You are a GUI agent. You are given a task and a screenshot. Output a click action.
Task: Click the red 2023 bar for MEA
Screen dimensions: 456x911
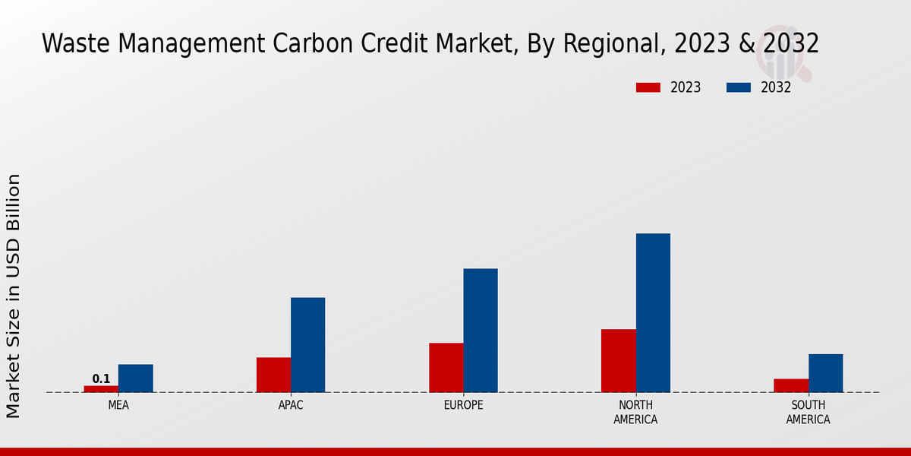tap(101, 388)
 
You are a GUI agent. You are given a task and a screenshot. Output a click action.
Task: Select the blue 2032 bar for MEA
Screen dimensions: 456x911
tap(135, 378)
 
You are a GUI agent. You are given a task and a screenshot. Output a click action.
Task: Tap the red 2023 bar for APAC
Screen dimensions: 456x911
tap(273, 375)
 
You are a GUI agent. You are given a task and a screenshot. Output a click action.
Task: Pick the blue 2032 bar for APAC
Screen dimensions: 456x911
tap(307, 345)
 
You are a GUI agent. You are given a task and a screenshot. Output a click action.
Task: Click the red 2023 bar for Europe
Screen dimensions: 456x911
tap(446, 368)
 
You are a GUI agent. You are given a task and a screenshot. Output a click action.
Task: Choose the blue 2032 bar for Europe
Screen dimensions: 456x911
tap(481, 331)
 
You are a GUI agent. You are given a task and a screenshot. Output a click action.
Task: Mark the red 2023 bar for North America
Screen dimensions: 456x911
tap(618, 361)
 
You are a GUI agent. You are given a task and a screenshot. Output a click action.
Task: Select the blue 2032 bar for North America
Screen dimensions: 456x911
tap(653, 313)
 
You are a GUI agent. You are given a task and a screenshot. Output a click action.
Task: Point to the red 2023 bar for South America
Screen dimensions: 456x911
tap(791, 385)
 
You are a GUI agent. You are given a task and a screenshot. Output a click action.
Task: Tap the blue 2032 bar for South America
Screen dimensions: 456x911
tap(825, 373)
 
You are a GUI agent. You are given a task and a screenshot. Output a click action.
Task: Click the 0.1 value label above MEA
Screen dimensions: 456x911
tap(101, 378)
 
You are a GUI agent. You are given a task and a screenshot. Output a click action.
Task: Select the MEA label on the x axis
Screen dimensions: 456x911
tap(118, 405)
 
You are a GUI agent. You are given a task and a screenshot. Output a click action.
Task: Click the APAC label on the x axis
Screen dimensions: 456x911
tap(291, 405)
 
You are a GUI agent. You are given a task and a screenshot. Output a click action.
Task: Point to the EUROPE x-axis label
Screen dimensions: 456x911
tap(463, 405)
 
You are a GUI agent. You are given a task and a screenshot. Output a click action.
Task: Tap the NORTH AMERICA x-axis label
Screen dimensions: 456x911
tap(635, 412)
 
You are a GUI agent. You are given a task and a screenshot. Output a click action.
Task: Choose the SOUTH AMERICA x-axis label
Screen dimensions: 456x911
tap(808, 412)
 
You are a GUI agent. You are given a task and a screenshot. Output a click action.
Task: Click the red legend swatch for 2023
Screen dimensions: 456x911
tap(648, 87)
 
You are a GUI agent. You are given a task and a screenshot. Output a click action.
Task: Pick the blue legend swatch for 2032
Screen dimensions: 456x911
tap(738, 87)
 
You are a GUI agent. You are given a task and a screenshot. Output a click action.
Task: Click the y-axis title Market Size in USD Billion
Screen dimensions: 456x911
tap(14, 296)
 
